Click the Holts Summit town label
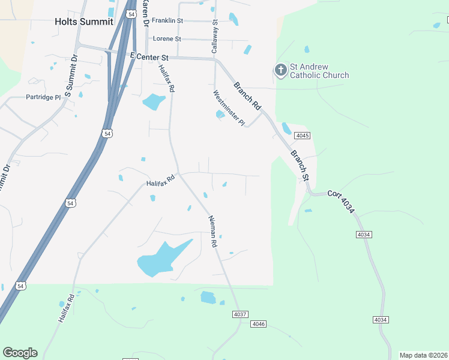(83, 21)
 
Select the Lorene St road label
(167, 39)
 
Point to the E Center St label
(149, 56)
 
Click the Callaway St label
(214, 37)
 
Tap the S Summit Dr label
(71, 76)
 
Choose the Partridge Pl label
(43, 97)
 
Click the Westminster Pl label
(229, 108)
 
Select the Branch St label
(300, 166)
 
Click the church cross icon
(280, 71)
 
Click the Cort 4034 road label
(342, 203)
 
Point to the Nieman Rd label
(212, 232)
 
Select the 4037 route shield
(240, 314)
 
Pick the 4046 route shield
(258, 325)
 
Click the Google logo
(20, 353)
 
